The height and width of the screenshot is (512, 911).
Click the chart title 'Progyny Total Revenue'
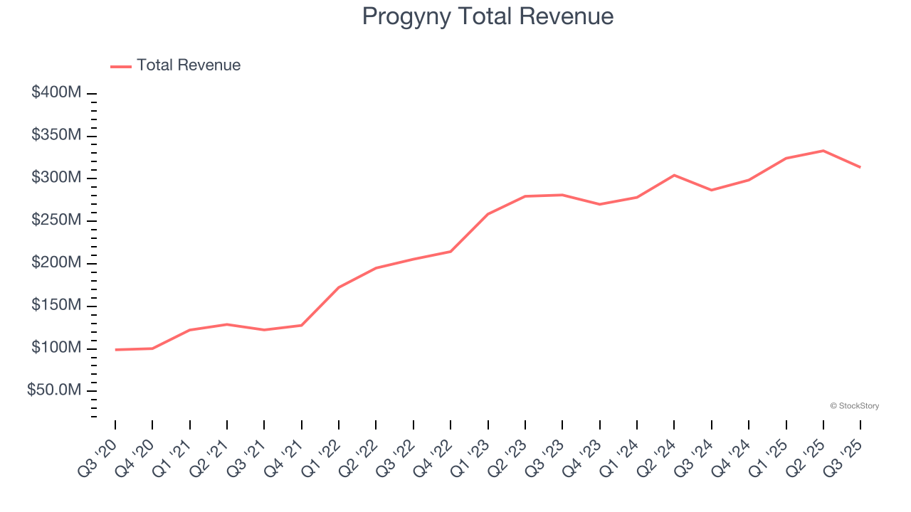click(x=488, y=16)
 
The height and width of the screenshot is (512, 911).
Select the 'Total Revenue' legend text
click(x=189, y=65)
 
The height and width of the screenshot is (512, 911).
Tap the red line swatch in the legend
click(x=121, y=66)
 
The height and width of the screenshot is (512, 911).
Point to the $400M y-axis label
click(x=56, y=93)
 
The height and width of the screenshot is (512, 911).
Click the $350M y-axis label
click(x=56, y=135)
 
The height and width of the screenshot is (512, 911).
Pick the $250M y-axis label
click(x=56, y=220)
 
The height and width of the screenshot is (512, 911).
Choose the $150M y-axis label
click(x=56, y=306)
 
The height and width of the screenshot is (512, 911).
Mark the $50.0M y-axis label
click(x=54, y=390)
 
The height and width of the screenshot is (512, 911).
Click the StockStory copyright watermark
click(x=854, y=406)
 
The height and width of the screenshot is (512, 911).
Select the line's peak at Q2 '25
click(x=823, y=151)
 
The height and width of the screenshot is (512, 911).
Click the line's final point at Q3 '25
click(x=860, y=167)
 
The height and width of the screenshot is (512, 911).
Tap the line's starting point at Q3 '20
click(x=115, y=350)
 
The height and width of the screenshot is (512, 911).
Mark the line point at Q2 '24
click(x=674, y=175)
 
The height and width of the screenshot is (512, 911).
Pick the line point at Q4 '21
click(x=302, y=325)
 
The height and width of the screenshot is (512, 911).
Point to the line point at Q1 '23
click(x=488, y=214)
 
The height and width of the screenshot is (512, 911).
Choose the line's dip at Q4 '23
click(x=600, y=204)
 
